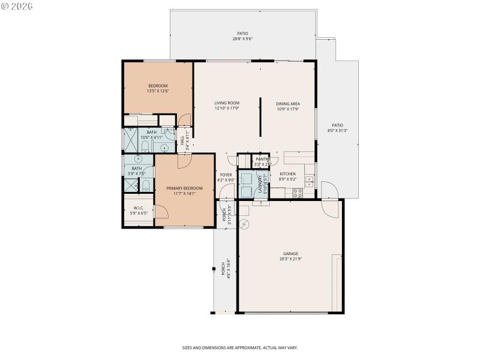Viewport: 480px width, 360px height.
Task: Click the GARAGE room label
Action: [290, 254]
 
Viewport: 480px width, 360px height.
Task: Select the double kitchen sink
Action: [308, 179]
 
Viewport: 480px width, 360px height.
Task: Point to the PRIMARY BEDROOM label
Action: [184, 188]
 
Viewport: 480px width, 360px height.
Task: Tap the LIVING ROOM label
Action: [227, 103]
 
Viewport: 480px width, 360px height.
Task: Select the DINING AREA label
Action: [287, 103]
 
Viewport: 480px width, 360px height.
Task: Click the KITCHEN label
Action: [287, 174]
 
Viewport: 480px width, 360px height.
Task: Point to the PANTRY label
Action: [262, 159]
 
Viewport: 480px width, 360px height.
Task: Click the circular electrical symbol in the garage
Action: [244, 225]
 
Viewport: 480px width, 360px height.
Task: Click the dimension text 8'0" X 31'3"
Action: [337, 130]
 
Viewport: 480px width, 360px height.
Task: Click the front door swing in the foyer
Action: [226, 192]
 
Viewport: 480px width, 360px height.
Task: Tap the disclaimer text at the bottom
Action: [240, 347]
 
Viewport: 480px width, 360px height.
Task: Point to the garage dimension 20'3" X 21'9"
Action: [290, 260]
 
